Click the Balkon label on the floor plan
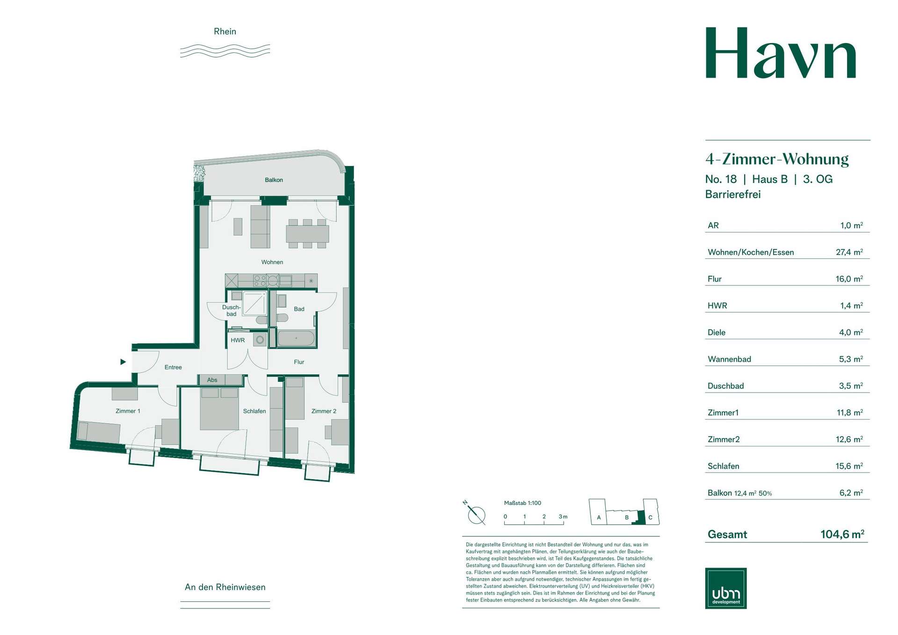point(274,180)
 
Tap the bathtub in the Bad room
point(296,338)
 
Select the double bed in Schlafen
point(219,409)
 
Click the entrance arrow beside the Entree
point(123,362)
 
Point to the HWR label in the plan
point(238,340)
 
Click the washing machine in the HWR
point(260,340)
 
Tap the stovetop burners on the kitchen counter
point(260,281)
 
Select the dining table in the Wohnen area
point(307,234)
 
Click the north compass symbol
point(476,513)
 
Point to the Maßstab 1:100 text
point(522,503)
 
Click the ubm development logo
point(726,588)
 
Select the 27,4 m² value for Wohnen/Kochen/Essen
point(849,252)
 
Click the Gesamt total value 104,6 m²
point(842,534)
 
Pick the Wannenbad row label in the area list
point(729,359)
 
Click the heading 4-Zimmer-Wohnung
point(777,159)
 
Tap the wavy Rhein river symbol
point(225,51)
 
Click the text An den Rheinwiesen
point(225,587)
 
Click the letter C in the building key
point(650,518)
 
